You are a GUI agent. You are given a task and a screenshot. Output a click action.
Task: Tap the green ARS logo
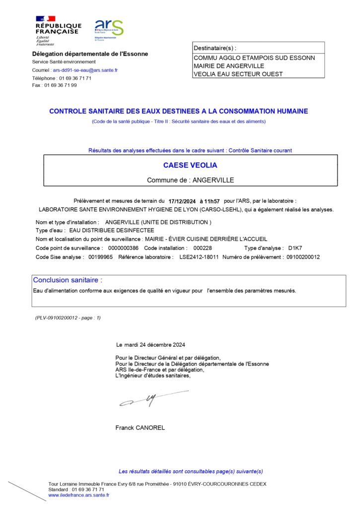(x=109, y=29)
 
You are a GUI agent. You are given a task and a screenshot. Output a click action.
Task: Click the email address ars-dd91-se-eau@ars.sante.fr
(x=85, y=70)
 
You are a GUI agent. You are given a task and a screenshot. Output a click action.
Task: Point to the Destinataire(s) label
(x=215, y=48)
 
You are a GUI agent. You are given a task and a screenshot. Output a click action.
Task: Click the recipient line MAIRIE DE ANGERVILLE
(x=229, y=66)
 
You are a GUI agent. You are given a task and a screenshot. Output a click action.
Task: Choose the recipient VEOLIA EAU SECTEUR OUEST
(x=238, y=74)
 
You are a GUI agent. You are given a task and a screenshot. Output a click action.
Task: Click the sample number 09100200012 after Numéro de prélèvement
(x=303, y=257)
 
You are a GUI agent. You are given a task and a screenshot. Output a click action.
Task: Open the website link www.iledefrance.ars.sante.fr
(x=78, y=495)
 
